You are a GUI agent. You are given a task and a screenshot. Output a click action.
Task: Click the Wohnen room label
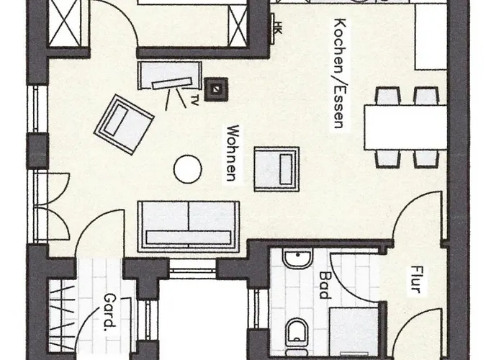(x=232, y=153)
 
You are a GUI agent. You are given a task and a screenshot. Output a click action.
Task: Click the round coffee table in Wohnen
(x=189, y=168)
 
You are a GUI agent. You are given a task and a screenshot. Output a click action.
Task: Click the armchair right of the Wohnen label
(x=277, y=169)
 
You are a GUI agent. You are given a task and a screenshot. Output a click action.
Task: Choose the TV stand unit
(x=171, y=76)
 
